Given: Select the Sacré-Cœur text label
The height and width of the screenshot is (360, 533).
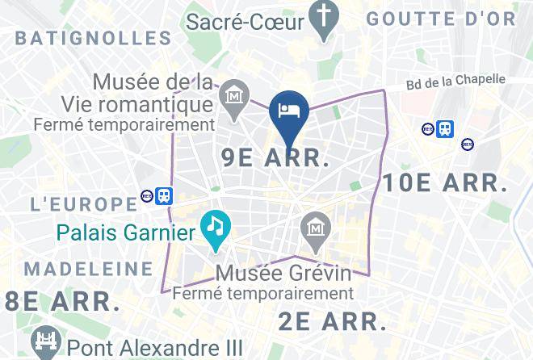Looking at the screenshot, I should (x=246, y=21).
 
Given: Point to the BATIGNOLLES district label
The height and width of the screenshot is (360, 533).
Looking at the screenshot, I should (x=94, y=38).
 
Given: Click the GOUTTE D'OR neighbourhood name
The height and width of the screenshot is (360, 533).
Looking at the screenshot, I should (x=440, y=19).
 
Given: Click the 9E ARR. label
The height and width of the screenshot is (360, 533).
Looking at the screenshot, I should (x=275, y=158).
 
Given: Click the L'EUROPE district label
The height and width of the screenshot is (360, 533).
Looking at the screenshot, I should (x=83, y=203).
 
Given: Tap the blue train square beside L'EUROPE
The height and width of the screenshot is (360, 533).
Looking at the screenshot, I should (x=164, y=195).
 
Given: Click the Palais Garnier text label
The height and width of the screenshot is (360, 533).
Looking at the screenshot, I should (x=126, y=234).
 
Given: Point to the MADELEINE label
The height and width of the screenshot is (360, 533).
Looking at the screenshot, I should (x=89, y=268).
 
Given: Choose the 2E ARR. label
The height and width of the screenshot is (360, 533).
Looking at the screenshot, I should (x=333, y=320).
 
